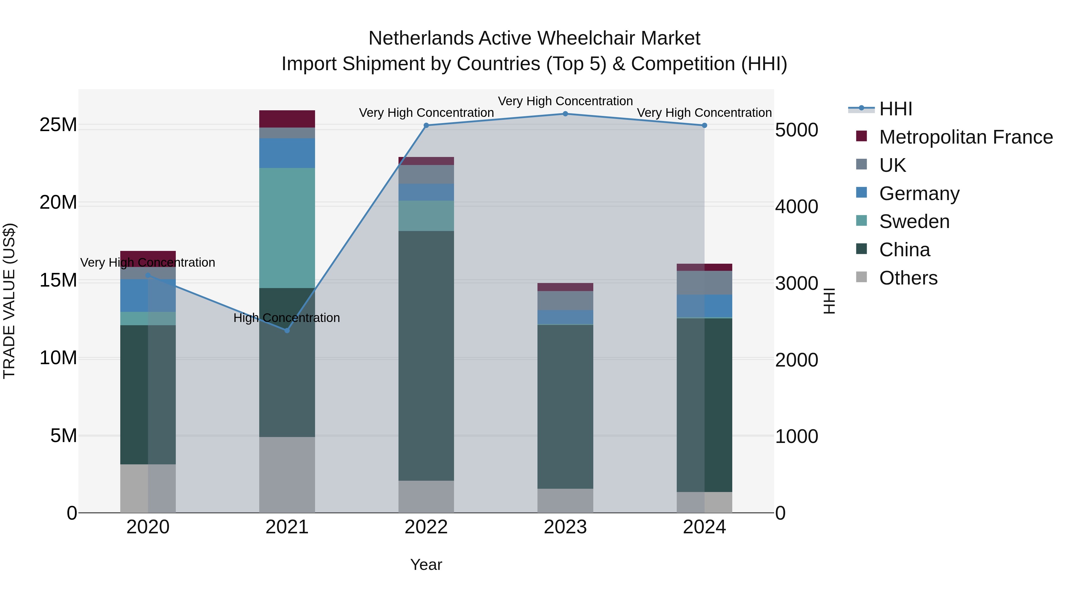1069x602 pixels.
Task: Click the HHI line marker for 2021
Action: [287, 330]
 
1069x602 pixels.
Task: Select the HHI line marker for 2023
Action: [565, 114]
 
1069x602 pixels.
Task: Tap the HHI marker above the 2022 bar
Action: [426, 125]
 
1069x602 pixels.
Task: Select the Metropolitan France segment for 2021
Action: [287, 119]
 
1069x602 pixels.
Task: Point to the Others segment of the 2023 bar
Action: [565, 501]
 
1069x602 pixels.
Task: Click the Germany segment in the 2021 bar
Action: [287, 153]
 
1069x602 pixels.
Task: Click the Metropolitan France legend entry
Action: [966, 137]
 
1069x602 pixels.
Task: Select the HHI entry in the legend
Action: [896, 109]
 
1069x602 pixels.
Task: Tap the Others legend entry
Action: [908, 278]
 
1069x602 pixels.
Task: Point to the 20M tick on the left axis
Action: [58, 203]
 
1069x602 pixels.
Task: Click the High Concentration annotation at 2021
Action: [287, 318]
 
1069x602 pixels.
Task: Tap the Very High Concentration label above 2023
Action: [565, 101]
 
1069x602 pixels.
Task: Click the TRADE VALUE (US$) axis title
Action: [10, 301]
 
